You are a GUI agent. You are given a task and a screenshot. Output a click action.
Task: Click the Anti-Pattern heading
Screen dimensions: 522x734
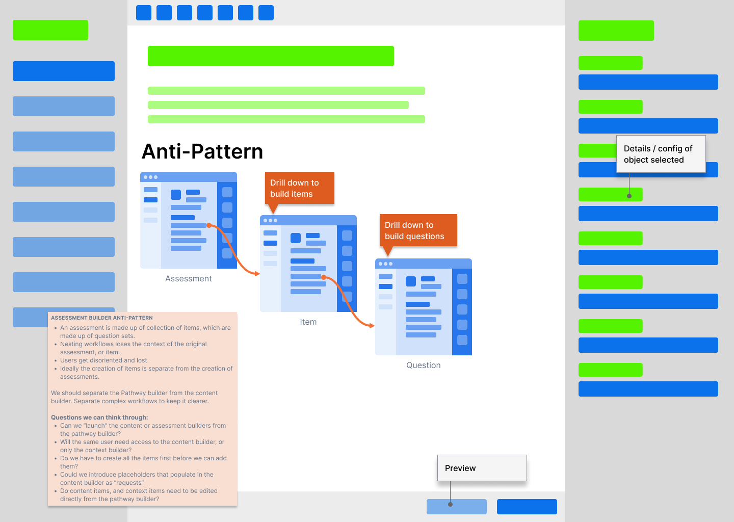[x=202, y=151]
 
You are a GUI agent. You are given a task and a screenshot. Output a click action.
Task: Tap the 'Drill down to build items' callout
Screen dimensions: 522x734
[x=299, y=188]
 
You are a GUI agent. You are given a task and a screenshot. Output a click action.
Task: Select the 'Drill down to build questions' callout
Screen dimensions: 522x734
[x=417, y=230]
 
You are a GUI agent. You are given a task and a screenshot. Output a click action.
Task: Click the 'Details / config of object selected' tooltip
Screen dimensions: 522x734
[x=661, y=154]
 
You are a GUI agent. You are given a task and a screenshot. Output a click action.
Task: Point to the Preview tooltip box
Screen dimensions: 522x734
[x=482, y=468]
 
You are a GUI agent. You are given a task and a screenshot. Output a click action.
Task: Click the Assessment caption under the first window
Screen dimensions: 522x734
[x=188, y=278]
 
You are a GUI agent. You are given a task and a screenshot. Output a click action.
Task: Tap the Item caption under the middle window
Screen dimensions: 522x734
[x=308, y=322]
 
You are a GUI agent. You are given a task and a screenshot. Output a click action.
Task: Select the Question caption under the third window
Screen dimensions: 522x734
[x=423, y=365]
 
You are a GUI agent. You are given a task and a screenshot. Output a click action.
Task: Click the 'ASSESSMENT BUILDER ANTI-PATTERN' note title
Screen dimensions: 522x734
[x=102, y=318]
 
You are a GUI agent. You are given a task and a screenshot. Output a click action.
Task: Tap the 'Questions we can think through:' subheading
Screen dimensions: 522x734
[x=99, y=417]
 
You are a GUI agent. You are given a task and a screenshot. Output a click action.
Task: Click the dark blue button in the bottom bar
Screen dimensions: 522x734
[x=527, y=507]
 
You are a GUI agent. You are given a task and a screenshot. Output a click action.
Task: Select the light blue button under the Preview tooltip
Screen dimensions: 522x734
[x=456, y=507]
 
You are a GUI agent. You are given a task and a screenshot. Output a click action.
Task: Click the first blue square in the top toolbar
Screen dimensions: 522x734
[x=144, y=13]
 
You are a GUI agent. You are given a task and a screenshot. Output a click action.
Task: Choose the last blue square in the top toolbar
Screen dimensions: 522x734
[x=266, y=13]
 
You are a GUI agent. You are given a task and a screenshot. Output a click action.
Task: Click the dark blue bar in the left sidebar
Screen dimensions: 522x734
[x=64, y=71]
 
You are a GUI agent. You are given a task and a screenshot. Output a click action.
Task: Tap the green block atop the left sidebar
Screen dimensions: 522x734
[x=50, y=30]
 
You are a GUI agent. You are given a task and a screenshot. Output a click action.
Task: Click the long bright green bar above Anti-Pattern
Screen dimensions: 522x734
[x=271, y=56]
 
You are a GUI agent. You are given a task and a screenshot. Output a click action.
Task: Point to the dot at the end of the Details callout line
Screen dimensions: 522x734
[x=629, y=196]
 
